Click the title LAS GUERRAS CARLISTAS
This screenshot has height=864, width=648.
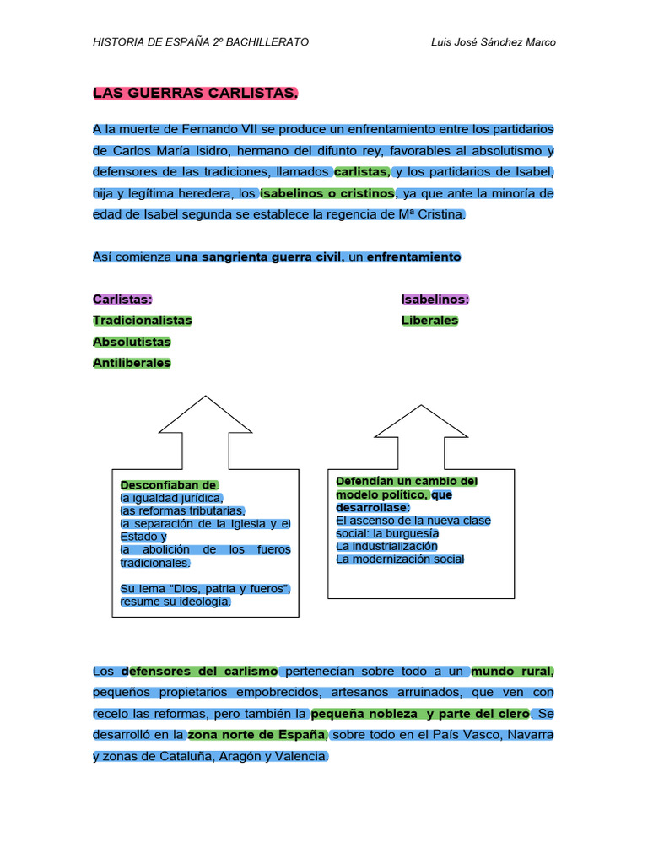(x=195, y=93)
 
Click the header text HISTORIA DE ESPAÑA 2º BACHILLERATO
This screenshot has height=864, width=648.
(x=201, y=42)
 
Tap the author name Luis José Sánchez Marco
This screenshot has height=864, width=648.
(x=493, y=42)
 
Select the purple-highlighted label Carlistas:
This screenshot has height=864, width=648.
(x=122, y=300)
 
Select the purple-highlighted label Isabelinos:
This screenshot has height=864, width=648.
(x=435, y=300)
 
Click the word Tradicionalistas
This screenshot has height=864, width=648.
(x=142, y=320)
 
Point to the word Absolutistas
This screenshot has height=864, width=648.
(x=132, y=342)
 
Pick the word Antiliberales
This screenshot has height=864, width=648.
(x=132, y=363)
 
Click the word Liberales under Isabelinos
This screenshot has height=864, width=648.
(x=429, y=320)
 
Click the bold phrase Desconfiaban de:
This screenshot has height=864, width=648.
(x=169, y=485)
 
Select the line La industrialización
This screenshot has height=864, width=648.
(x=386, y=546)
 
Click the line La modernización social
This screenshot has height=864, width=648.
(x=400, y=559)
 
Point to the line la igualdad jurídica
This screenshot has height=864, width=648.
(x=171, y=498)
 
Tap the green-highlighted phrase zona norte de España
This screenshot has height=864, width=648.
(x=256, y=735)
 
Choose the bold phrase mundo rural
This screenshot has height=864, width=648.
(x=512, y=671)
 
